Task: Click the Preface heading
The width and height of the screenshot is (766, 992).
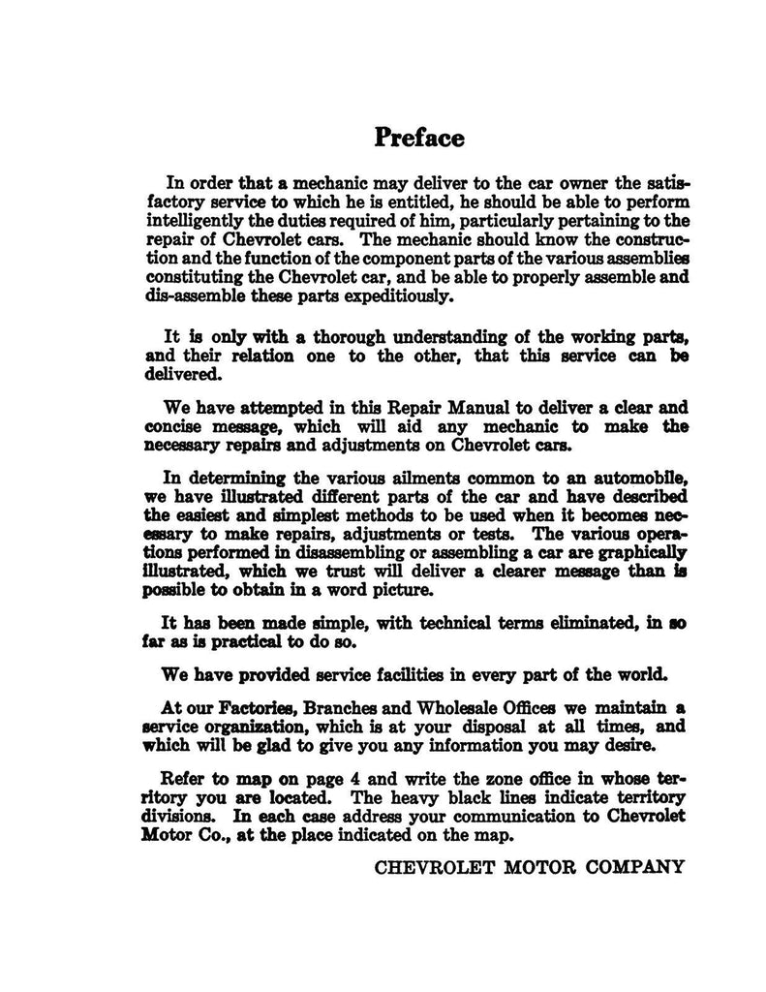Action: [419, 138]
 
